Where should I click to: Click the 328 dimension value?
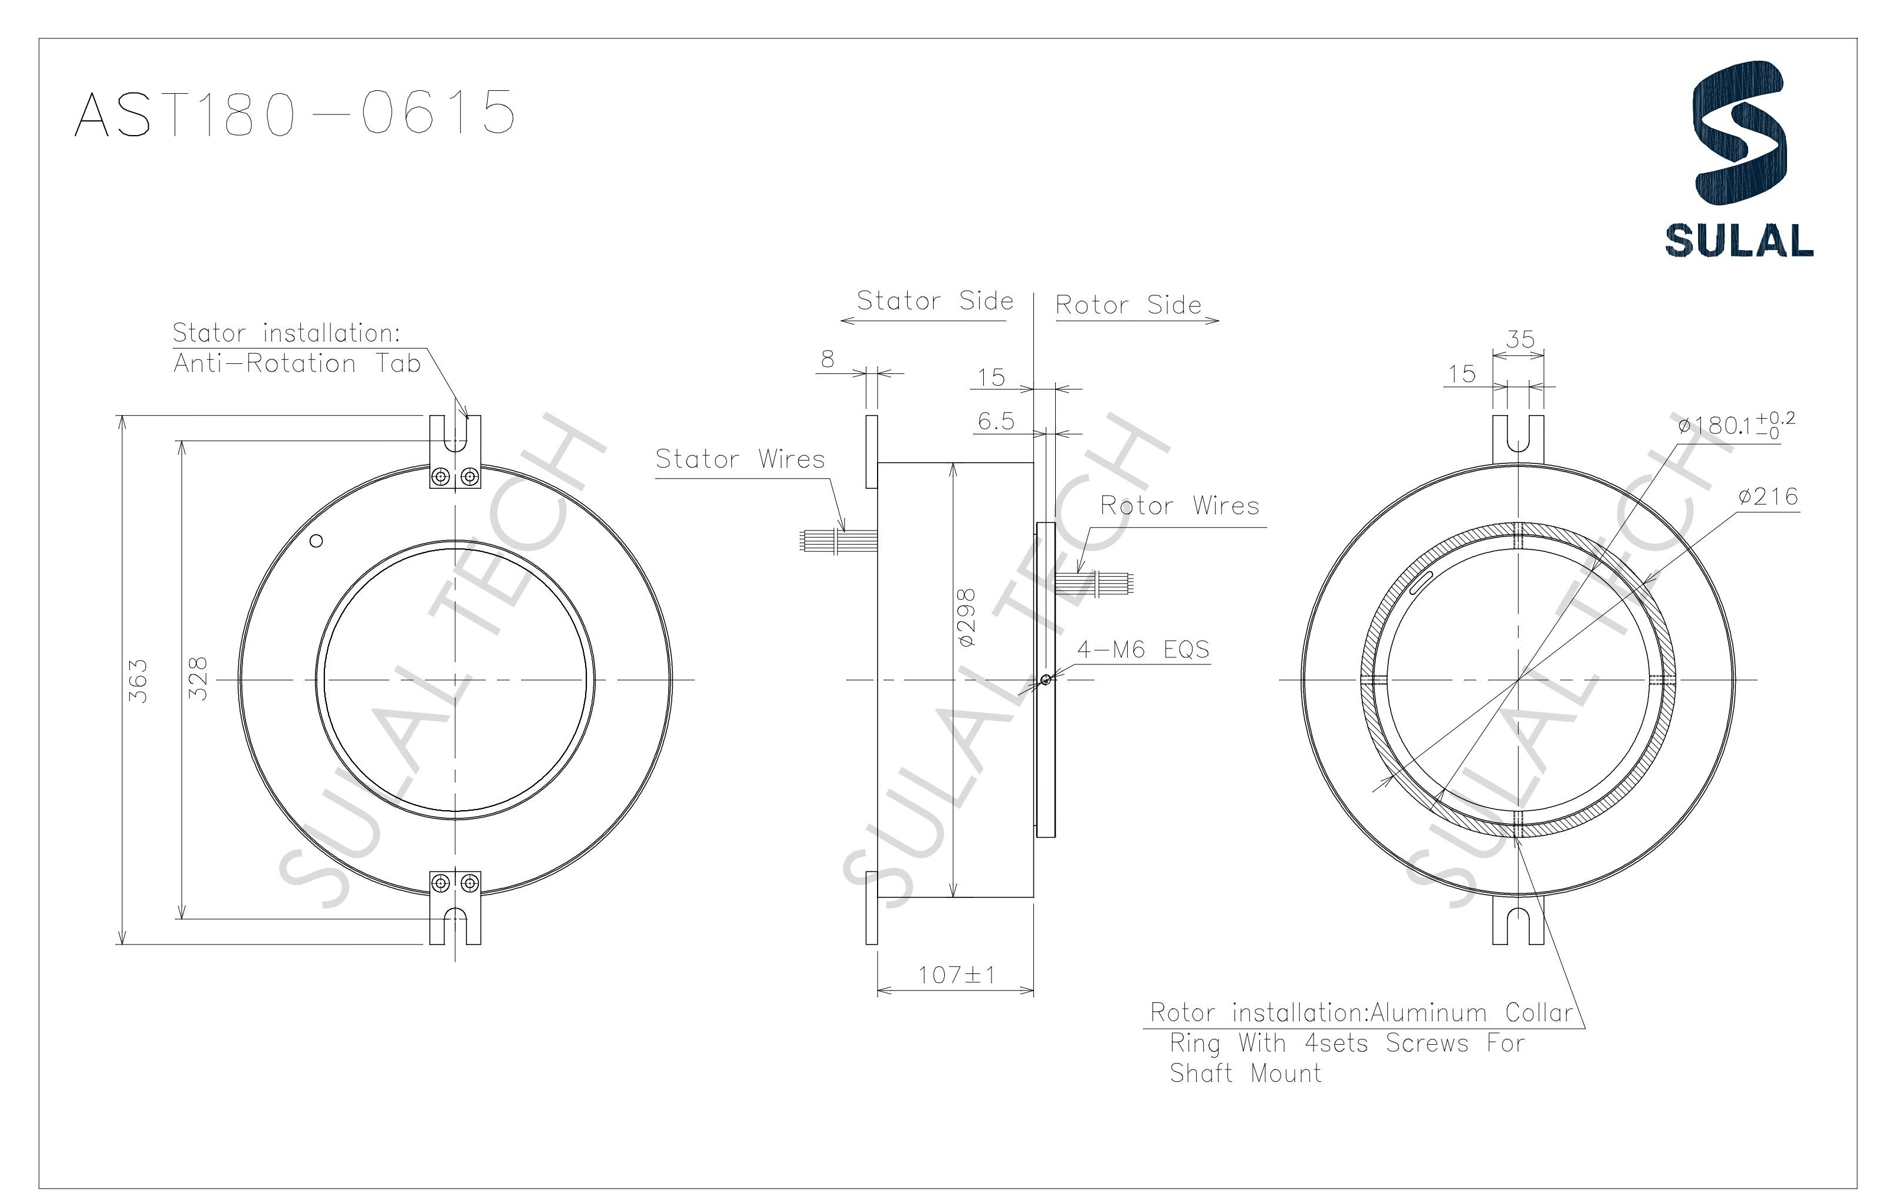point(199,678)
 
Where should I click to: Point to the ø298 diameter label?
point(967,618)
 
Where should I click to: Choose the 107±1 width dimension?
point(956,975)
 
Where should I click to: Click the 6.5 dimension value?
point(996,421)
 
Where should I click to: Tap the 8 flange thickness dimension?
point(827,359)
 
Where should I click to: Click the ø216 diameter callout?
point(1768,496)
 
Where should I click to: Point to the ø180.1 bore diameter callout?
point(1735,425)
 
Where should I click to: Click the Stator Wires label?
point(740,459)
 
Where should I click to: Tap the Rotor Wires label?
point(1179,505)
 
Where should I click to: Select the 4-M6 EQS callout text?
point(1142,649)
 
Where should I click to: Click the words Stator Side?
point(934,301)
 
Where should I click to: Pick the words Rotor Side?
point(1128,305)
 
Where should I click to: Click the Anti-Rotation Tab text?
point(297,364)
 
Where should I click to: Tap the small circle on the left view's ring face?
point(316,541)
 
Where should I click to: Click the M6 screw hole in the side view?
point(1045,680)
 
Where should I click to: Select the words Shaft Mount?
point(1245,1073)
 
